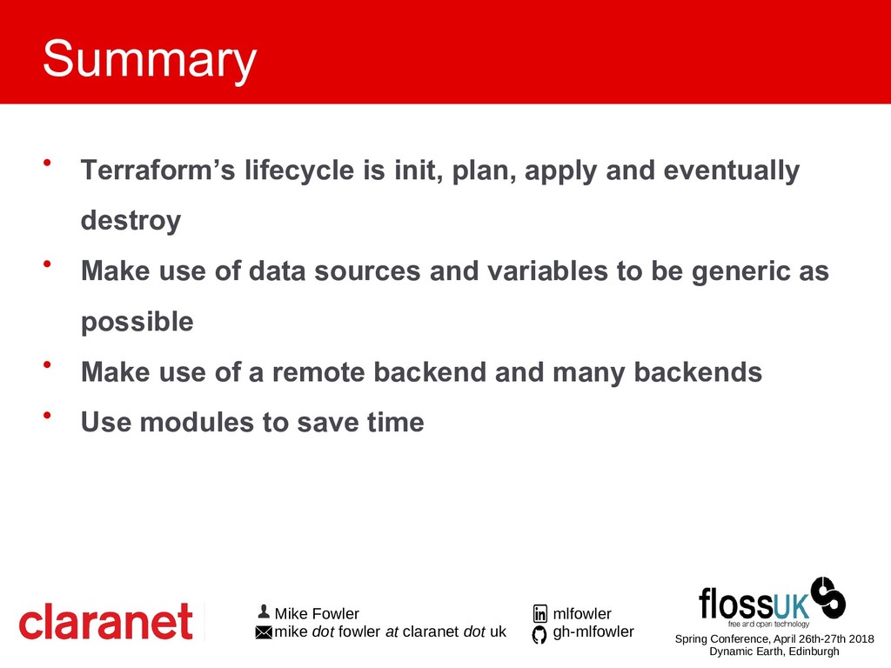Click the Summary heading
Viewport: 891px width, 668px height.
pyautogui.click(x=150, y=60)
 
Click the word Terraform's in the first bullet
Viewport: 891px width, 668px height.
pyautogui.click(x=158, y=170)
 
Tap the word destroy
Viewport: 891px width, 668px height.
pyautogui.click(x=131, y=220)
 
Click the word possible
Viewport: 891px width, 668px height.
pyautogui.click(x=137, y=322)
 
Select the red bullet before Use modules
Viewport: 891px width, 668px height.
pyautogui.click(x=47, y=415)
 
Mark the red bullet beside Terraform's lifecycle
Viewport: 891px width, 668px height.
pyautogui.click(x=47, y=163)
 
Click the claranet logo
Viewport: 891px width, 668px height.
pyautogui.click(x=105, y=621)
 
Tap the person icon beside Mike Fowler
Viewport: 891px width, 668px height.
pyautogui.click(x=263, y=611)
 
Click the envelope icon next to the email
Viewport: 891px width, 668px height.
pyautogui.click(x=264, y=632)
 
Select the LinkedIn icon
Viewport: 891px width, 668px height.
pyautogui.click(x=539, y=613)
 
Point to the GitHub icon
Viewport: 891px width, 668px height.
pyautogui.click(x=539, y=634)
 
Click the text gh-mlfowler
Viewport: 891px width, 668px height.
pyautogui.click(x=593, y=631)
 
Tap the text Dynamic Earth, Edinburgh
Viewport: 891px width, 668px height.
pyautogui.click(x=774, y=651)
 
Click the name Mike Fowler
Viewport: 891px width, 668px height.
pyautogui.click(x=317, y=613)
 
